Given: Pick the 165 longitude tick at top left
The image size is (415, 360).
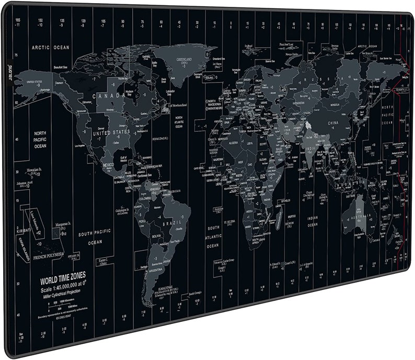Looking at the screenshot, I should (x=18, y=19).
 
